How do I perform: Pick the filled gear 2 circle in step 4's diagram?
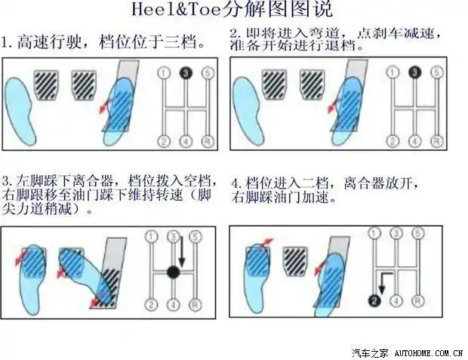click(373, 300)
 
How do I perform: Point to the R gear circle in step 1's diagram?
click(209, 140)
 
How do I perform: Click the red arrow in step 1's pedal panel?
click(103, 109)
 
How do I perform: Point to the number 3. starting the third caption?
click(7, 182)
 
